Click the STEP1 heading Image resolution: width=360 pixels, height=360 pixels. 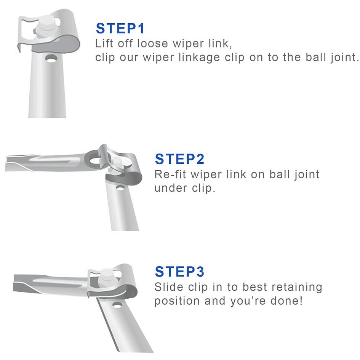click(x=120, y=28)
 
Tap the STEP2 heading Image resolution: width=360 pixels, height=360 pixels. click(x=179, y=159)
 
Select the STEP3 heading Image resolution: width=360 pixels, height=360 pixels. click(x=179, y=272)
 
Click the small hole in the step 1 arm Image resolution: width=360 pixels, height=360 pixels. click(x=51, y=59)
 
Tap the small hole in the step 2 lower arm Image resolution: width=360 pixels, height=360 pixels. click(x=120, y=188)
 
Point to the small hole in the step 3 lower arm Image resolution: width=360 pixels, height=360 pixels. click(x=117, y=305)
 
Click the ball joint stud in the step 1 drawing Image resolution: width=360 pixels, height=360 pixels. click(x=46, y=26)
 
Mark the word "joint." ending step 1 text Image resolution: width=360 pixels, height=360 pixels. click(x=344, y=58)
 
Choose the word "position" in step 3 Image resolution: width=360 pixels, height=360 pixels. click(x=177, y=301)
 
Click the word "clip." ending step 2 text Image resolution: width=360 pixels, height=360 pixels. click(x=203, y=188)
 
